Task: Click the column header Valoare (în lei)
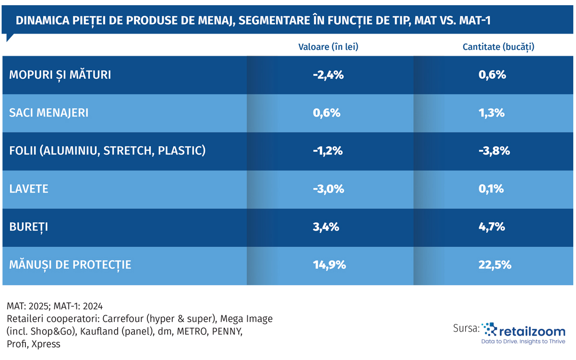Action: (328, 47)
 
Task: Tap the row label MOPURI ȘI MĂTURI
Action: (60, 75)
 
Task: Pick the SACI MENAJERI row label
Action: (48, 113)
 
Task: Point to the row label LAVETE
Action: (29, 189)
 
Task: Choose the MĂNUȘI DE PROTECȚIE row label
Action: (70, 264)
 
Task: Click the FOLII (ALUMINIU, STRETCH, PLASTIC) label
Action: (108, 151)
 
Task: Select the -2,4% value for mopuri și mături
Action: (328, 75)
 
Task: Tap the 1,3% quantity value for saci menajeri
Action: (492, 113)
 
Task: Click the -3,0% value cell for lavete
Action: (328, 189)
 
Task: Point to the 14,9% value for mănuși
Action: (328, 264)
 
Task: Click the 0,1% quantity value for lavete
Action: (492, 189)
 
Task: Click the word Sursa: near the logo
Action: (466, 329)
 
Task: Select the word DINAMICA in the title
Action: (39, 21)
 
